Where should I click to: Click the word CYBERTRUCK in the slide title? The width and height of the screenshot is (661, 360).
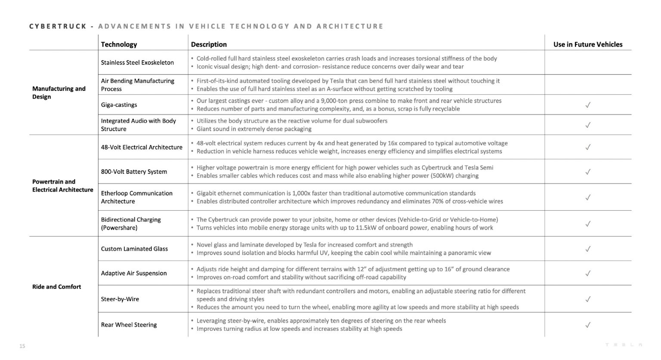coord(58,26)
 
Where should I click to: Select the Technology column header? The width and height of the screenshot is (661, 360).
coord(119,44)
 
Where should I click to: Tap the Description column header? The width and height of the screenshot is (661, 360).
coord(209,44)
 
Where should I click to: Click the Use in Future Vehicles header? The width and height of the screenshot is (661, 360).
coord(587,44)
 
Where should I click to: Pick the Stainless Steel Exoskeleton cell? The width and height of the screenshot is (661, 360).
coord(137,62)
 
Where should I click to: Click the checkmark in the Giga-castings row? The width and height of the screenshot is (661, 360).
coord(588,105)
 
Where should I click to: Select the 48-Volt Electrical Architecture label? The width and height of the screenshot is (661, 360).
coord(142,147)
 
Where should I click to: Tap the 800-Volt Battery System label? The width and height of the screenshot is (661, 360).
coord(134,172)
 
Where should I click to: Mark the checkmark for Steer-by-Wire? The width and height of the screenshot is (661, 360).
coord(588,299)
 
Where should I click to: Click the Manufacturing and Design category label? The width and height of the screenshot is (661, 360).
coord(59,92)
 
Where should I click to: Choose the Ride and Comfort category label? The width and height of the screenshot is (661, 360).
coord(56,287)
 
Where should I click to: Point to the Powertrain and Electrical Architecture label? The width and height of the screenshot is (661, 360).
coord(62,185)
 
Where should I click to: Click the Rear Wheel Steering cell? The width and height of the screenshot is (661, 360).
coord(129,325)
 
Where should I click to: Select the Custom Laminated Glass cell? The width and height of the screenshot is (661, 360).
coord(134,249)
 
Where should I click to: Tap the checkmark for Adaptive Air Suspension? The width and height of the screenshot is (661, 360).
coord(588,274)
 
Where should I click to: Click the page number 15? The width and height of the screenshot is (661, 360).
coord(22,346)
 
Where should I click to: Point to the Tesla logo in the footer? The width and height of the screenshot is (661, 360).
coord(624,345)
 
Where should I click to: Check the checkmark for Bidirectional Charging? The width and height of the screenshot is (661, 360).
coord(588,224)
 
